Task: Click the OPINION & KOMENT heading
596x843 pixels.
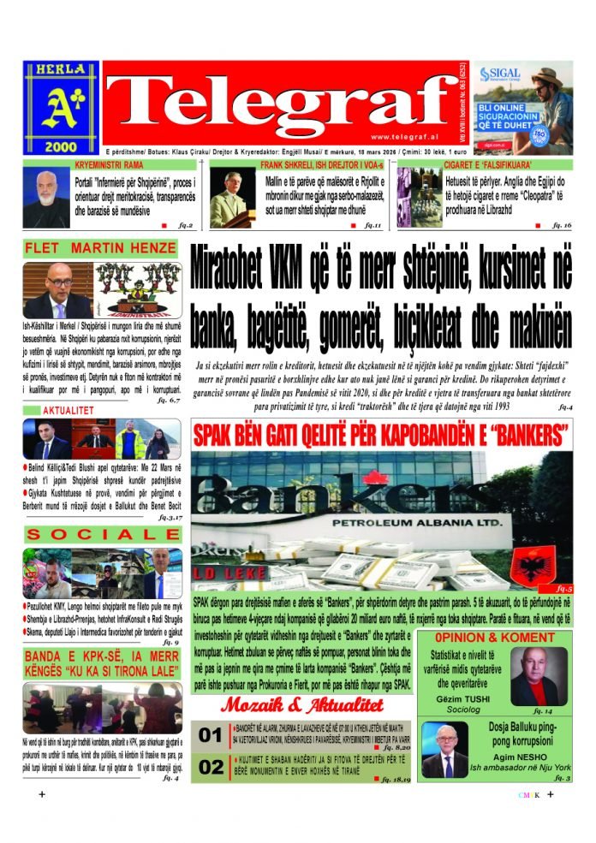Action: tap(494, 638)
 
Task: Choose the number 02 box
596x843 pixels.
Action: tap(210, 768)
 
